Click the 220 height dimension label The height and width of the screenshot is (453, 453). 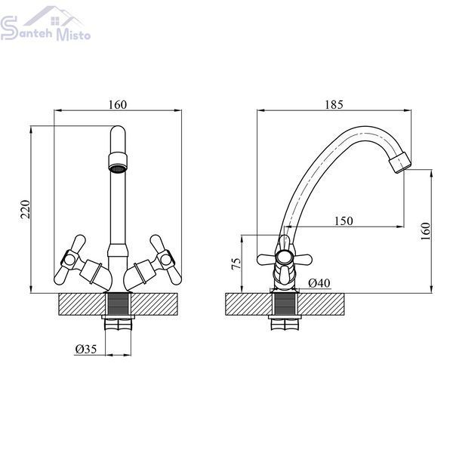(26, 209)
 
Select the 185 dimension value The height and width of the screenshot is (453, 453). (334, 105)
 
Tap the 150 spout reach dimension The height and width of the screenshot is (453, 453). (344, 221)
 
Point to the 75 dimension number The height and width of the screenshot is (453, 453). (236, 263)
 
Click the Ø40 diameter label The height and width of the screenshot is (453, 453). (319, 283)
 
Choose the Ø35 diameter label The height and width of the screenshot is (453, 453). (86, 349)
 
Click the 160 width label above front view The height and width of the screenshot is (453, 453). (118, 105)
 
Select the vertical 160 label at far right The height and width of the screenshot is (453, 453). (426, 231)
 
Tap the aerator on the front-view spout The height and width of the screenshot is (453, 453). (119, 163)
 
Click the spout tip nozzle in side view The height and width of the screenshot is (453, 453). (400, 162)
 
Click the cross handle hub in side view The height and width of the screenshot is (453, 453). (284, 257)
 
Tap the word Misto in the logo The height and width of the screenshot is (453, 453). (73, 35)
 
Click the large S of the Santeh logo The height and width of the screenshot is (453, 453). (8, 28)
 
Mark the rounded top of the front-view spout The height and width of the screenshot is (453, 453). (119, 131)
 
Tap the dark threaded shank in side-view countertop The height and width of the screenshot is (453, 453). (285, 304)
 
